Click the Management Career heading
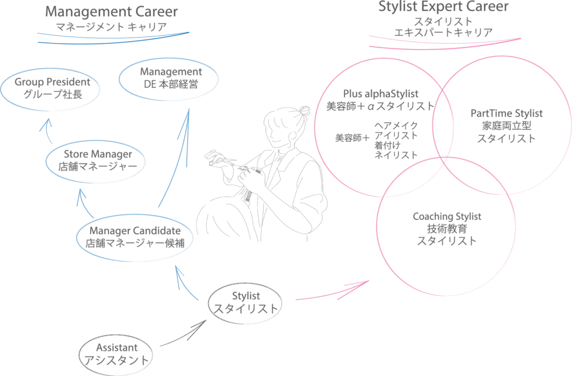point(111,12)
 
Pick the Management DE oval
point(168,78)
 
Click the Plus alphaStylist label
point(380,94)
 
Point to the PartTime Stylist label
point(506,113)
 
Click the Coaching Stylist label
point(447,216)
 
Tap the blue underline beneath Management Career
point(112,37)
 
